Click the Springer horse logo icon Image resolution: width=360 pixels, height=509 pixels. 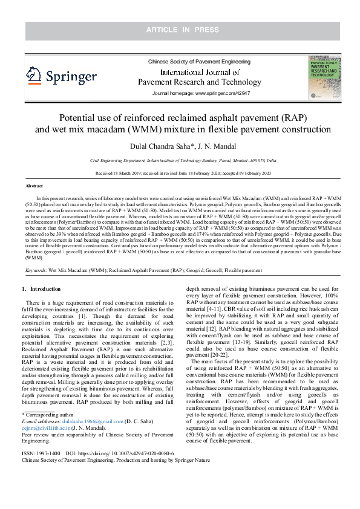tap(34, 76)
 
